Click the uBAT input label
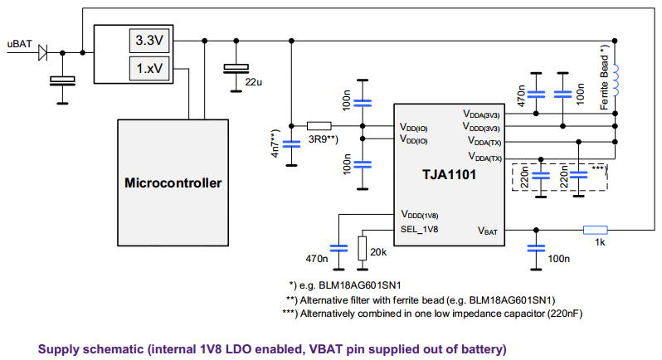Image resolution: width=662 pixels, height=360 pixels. [20, 43]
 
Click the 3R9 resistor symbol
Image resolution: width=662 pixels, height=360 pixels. [319, 126]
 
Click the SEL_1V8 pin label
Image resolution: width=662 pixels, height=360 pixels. [420, 229]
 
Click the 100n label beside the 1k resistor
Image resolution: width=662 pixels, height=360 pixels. [558, 259]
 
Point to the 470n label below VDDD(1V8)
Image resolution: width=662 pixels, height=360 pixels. [318, 259]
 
